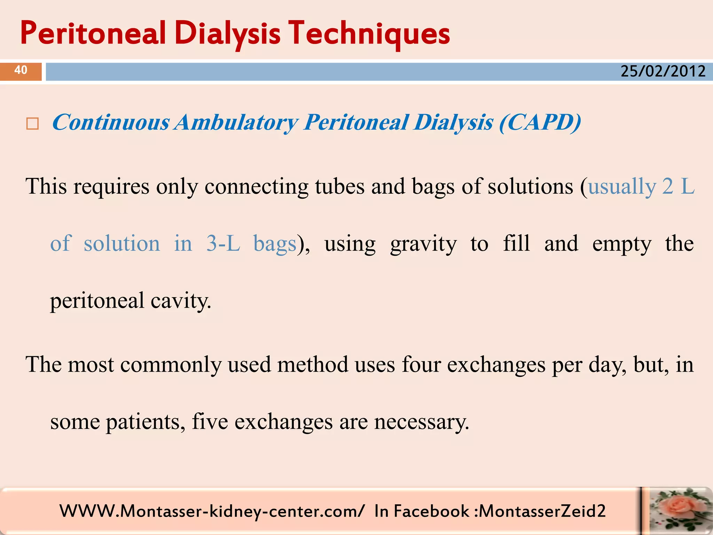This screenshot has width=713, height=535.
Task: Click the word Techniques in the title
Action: coord(370,33)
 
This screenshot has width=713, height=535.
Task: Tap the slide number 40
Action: coord(21,70)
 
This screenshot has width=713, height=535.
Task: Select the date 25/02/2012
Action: coord(663,71)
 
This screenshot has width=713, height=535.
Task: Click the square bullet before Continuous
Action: coord(32,124)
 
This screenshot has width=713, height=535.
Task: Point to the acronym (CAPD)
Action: coord(540,123)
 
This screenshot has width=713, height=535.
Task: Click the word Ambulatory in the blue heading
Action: coord(236,123)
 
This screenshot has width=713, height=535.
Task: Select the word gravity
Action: coord(423,244)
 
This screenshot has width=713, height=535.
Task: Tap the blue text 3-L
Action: coord(223,243)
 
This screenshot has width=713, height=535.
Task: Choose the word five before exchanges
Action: coord(210,421)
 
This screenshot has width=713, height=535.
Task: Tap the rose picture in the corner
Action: coord(677,511)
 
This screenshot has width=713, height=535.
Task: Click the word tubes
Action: coord(339,186)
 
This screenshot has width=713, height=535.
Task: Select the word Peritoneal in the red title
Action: coord(93,33)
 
